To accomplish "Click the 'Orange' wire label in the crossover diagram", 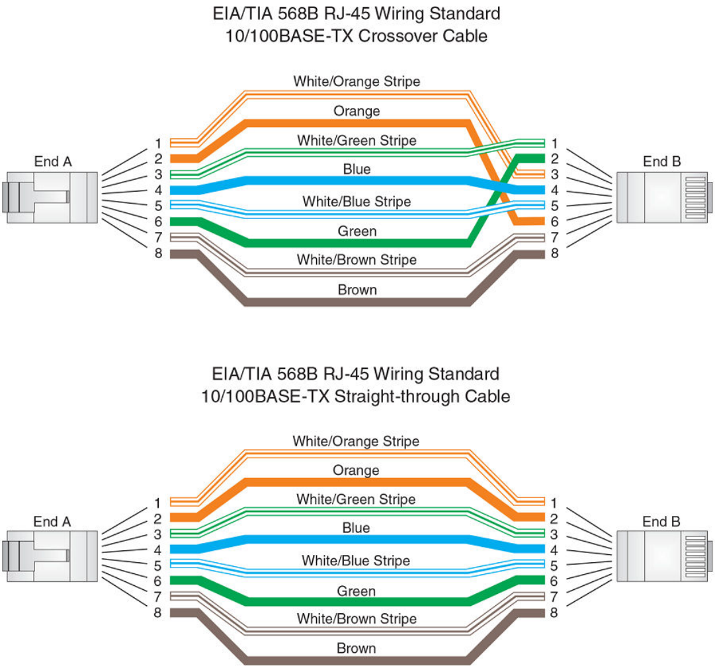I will click(357, 111).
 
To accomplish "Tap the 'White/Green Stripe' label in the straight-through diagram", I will click(356, 499).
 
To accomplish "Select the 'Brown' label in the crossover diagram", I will click(357, 290).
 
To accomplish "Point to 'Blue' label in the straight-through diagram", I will click(356, 528).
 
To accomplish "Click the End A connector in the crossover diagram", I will click(50, 192).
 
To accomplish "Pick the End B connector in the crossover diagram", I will click(664, 196).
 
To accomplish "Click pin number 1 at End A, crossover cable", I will click(158, 144).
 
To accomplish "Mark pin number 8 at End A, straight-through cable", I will click(157, 613).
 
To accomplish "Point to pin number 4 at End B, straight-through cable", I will click(554, 550).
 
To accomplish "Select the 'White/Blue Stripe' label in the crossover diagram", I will click(357, 201).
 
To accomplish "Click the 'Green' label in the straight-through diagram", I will click(357, 591).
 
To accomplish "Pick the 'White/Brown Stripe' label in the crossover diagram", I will click(357, 260).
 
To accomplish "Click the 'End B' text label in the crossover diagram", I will click(661, 161).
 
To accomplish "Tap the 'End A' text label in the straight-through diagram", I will click(52, 522).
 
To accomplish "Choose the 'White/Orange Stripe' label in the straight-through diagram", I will click(356, 440).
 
